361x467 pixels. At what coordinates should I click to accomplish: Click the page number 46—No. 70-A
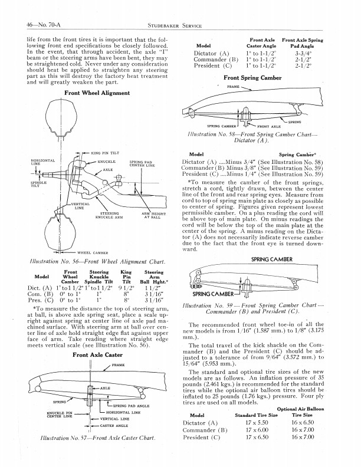(35, 24)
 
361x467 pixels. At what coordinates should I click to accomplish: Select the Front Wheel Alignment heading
(97, 93)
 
